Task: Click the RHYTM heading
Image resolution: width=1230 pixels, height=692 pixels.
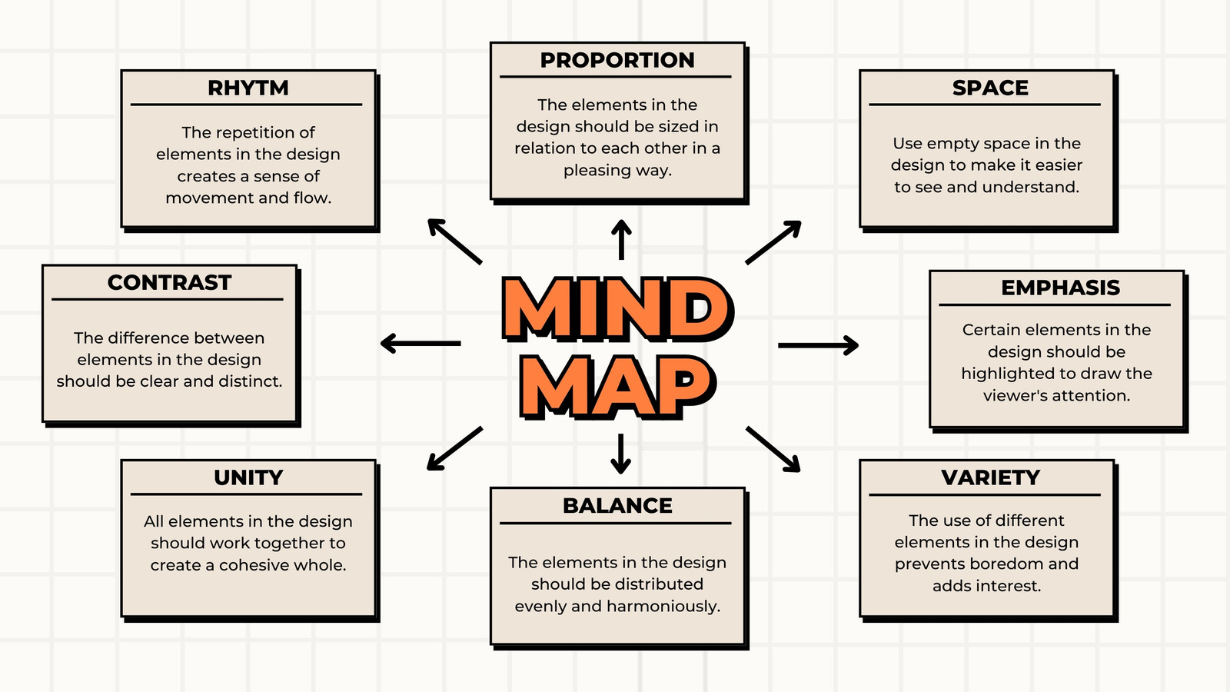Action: click(248, 88)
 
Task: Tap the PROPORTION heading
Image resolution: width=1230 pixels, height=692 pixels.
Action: click(617, 60)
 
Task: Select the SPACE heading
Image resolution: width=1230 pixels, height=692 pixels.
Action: click(990, 88)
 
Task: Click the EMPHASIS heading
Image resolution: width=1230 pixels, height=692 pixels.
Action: click(1060, 288)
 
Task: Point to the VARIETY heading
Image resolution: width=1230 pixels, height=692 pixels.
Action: click(991, 477)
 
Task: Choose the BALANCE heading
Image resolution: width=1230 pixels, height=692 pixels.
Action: click(617, 506)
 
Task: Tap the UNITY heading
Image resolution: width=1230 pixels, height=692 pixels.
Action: click(248, 477)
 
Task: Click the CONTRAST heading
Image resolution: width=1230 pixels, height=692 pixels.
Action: click(169, 283)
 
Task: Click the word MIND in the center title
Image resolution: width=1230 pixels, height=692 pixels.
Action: click(617, 308)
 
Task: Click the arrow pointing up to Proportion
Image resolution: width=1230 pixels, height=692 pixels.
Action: click(621, 239)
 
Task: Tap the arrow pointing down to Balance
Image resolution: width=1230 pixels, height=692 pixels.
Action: click(620, 454)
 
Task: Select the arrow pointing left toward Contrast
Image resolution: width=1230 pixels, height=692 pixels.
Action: click(421, 343)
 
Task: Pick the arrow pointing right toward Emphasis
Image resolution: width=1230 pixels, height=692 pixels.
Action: click(818, 345)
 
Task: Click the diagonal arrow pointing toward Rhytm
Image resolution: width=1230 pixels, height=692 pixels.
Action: click(454, 241)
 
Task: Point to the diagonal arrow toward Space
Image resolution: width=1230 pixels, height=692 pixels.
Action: click(773, 242)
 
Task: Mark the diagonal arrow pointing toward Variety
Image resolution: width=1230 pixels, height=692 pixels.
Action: click(773, 449)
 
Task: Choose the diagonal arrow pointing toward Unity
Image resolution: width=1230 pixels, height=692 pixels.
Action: click(454, 448)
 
